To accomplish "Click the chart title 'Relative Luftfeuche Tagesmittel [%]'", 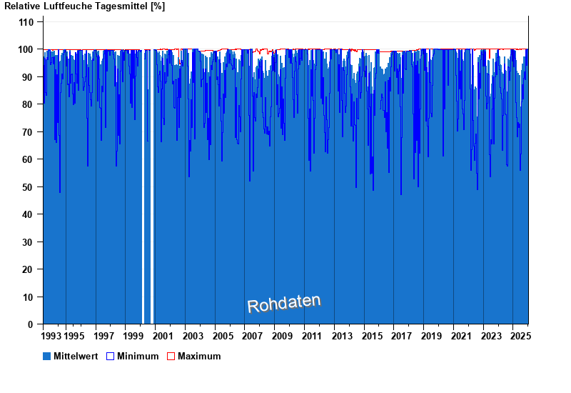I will pyautogui.click(x=85, y=6).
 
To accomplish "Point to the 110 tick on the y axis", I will pyautogui.click(x=26, y=22).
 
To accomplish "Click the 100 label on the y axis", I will pyautogui.click(x=26, y=49).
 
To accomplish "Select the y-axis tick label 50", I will pyautogui.click(x=29, y=187).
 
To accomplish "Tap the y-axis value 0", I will pyautogui.click(x=31, y=324).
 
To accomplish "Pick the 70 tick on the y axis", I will pyautogui.click(x=29, y=132).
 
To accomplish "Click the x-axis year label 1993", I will pyautogui.click(x=52, y=336).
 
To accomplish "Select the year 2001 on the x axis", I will pyautogui.click(x=163, y=336).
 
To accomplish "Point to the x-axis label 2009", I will pyautogui.click(x=283, y=336).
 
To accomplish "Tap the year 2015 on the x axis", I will pyautogui.click(x=372, y=336).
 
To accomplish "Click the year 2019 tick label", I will pyautogui.click(x=432, y=336).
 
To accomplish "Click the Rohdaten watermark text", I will pyautogui.click(x=284, y=304).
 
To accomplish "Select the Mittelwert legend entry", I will pyautogui.click(x=76, y=356).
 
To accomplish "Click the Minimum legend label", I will pyautogui.click(x=138, y=356).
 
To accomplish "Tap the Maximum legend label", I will pyautogui.click(x=199, y=356).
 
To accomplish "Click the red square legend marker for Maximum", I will pyautogui.click(x=171, y=356).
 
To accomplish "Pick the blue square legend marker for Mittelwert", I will pyautogui.click(x=47, y=356).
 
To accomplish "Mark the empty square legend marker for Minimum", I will pyautogui.click(x=110, y=356).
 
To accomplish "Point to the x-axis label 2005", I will pyautogui.click(x=223, y=336).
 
